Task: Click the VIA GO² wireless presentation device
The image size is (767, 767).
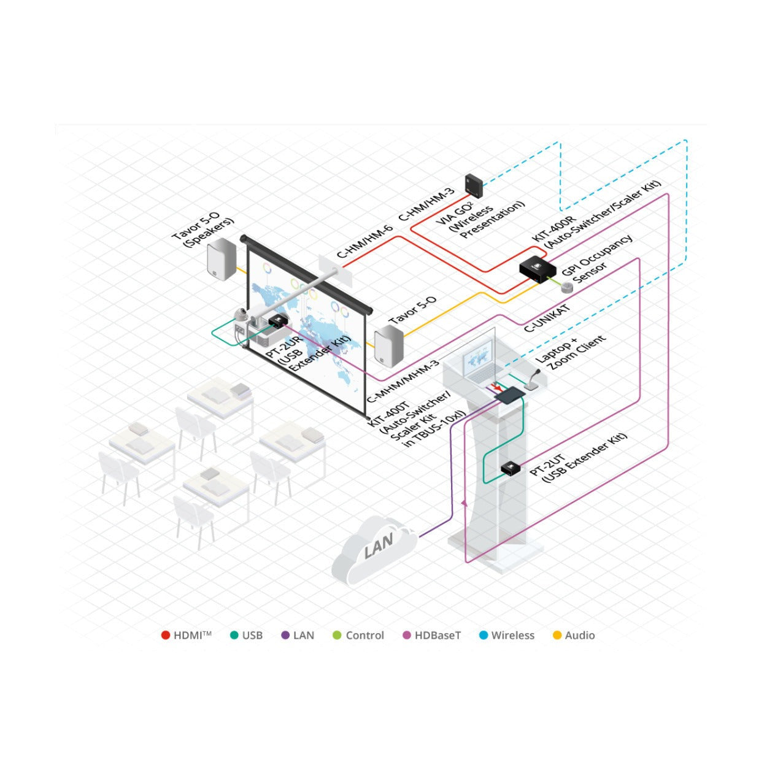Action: coord(474,185)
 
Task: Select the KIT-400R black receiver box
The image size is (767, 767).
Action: coord(538,269)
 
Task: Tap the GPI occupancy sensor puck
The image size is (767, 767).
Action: coord(566,287)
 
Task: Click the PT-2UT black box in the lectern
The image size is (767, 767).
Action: coord(511,468)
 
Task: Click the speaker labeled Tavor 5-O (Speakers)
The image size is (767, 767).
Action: coord(222,259)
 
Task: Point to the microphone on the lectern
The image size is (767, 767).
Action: coord(533,380)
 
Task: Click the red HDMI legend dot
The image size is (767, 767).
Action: coord(165,635)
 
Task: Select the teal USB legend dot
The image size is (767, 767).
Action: coord(234,635)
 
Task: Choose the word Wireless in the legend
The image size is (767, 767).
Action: coord(512,635)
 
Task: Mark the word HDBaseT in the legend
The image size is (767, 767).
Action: coord(437,635)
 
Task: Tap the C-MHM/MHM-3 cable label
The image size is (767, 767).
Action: coord(402,381)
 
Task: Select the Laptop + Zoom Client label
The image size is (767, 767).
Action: coord(570,352)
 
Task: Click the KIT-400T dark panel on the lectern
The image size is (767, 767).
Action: coord(509,396)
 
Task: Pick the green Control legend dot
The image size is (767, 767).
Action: coord(337,635)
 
